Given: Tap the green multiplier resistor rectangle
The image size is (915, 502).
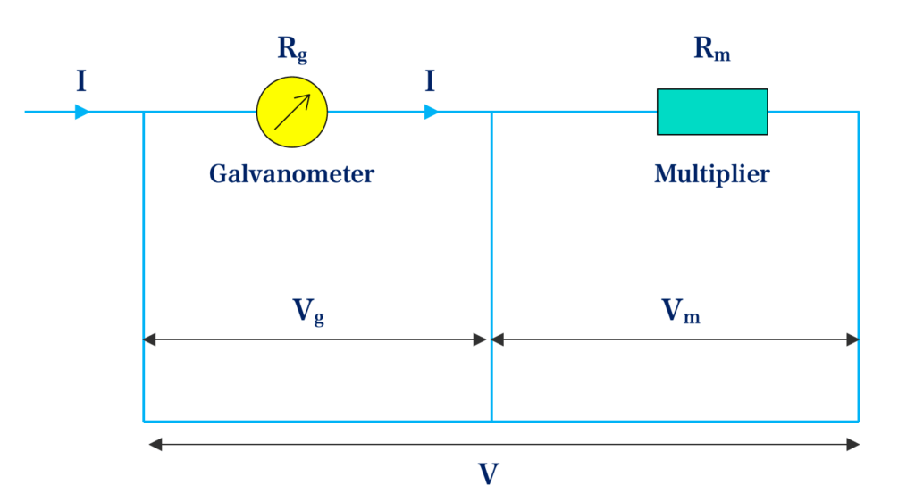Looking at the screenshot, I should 712,112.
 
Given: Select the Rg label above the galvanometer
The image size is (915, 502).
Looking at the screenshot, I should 292,49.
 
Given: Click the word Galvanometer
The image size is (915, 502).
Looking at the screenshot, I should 291,173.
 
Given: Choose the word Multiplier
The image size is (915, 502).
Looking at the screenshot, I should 711,173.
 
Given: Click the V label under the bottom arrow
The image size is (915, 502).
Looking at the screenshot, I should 488,474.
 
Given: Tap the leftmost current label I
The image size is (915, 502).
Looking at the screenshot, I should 81,83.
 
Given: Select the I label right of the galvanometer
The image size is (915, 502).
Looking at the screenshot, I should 430,83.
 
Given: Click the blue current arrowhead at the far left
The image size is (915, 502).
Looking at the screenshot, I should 82,112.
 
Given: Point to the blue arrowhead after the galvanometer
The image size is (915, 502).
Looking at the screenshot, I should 432,112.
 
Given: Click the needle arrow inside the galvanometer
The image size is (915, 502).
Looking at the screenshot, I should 292,113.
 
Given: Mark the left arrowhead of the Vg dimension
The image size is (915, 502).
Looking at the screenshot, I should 149,339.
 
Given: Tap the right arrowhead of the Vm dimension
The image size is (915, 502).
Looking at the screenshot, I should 852,339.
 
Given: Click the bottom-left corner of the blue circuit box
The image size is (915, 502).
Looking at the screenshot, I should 144,421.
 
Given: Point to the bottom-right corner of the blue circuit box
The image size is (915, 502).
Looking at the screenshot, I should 859,421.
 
